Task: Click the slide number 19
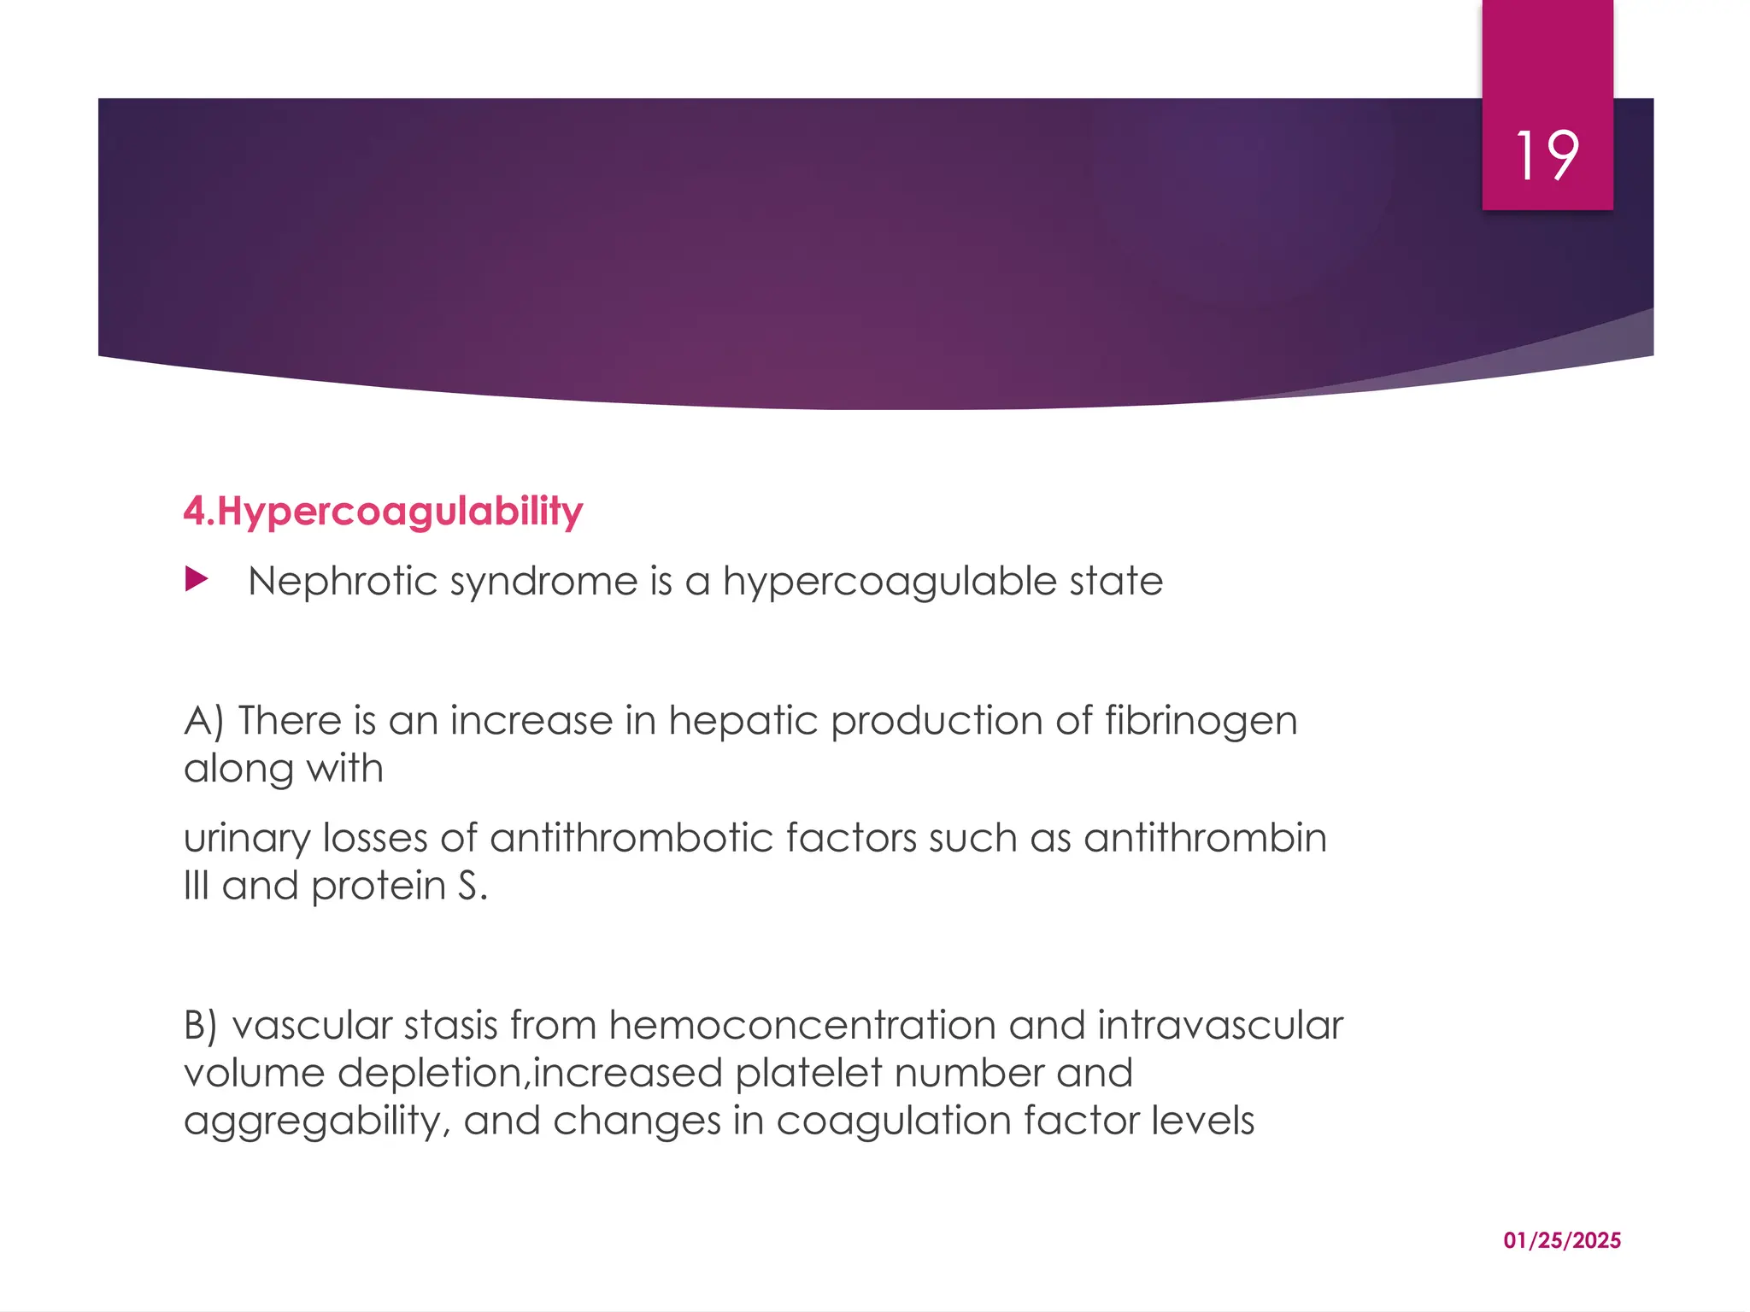coord(1547,156)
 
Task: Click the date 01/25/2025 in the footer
coord(1562,1240)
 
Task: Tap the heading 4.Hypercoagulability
coord(383,512)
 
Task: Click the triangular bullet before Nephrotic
coord(196,581)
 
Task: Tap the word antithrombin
coord(1205,838)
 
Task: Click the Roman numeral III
coord(196,886)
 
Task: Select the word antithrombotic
coord(631,838)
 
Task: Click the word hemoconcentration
coord(802,1025)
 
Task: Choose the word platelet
coord(807,1073)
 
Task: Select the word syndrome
coord(543,583)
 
